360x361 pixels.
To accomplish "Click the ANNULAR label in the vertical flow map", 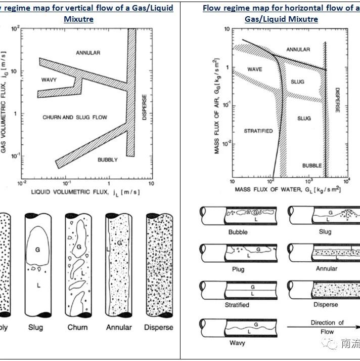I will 88,53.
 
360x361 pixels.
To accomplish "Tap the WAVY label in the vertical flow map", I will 49,80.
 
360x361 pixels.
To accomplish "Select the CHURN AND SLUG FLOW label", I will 75,117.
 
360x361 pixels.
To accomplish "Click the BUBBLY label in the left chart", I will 107,159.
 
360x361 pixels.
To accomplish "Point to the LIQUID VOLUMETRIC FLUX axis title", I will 85,192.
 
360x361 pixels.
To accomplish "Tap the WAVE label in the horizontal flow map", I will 254,69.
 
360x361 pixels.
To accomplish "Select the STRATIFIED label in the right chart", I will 258,131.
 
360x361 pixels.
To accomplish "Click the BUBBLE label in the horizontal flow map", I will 312,166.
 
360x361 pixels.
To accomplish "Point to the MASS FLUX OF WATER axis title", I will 287,189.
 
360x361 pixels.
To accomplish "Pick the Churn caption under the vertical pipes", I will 77,327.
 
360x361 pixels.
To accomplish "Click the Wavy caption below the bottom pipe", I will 237,343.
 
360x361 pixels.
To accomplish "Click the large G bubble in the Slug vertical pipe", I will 37,249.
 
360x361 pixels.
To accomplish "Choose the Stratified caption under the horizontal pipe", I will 237,305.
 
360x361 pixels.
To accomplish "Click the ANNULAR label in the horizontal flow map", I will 298,50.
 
